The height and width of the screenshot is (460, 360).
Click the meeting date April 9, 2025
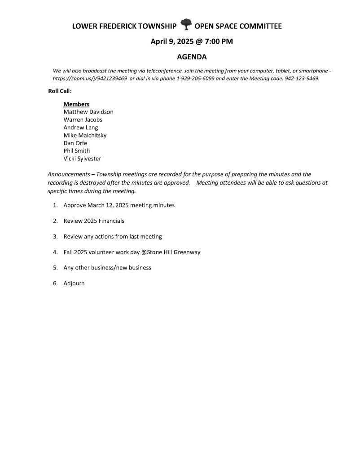coord(172,42)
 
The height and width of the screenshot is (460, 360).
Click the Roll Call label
coord(60,91)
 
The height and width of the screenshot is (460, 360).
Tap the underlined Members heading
coord(76,104)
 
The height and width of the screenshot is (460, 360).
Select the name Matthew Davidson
coord(88,112)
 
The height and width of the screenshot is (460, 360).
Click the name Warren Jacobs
coord(83,119)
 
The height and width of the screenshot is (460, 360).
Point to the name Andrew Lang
coord(81,128)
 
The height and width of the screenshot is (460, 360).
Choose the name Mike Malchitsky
coord(85,135)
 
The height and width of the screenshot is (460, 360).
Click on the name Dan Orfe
coord(75,143)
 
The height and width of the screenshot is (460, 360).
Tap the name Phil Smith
coord(77,151)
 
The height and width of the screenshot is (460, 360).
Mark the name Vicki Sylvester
coord(82,159)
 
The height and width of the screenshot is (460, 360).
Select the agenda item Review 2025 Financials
coord(94,221)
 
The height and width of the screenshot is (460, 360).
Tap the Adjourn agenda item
coord(74,283)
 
